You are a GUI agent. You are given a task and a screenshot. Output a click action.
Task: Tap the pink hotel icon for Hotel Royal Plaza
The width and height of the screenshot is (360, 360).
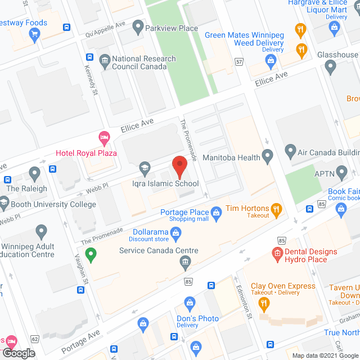click(103, 137)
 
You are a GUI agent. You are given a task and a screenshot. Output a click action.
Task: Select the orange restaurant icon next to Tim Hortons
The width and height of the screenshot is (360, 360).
click(276, 211)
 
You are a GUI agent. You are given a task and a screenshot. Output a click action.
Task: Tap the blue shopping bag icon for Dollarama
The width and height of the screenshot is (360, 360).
click(176, 232)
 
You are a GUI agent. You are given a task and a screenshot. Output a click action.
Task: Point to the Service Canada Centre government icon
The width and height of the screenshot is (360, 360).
click(185, 262)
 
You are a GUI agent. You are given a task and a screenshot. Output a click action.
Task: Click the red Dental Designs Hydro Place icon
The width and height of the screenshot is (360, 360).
click(277, 255)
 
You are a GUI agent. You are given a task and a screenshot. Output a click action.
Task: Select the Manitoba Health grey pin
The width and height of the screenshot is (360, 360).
click(268, 155)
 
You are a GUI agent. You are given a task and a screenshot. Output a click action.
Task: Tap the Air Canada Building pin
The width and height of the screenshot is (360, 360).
click(290, 151)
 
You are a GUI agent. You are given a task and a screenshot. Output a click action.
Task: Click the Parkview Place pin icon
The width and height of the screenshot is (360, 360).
click(137, 26)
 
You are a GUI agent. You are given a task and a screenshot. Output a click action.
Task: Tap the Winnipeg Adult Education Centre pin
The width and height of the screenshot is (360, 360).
click(40, 231)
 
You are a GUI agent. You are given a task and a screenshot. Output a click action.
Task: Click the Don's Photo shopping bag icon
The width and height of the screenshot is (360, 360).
click(190, 304)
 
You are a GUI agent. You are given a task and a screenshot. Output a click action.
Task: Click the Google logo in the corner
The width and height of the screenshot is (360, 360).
click(19, 353)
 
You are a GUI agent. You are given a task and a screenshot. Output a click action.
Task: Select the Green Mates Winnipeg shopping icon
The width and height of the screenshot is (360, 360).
click(268, 60)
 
